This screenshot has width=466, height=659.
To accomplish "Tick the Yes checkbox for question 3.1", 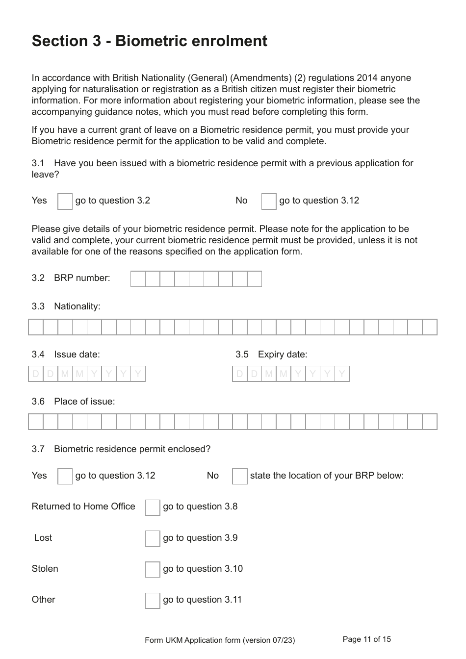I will [x=65, y=201].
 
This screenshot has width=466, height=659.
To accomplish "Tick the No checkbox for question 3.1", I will [x=269, y=201].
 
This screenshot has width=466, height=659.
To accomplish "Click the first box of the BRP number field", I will [x=138, y=279].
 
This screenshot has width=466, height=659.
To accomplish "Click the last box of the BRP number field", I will [x=254, y=279].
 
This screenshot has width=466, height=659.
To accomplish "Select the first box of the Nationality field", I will [x=36, y=327].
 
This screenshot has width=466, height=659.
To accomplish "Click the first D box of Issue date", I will [x=36, y=374].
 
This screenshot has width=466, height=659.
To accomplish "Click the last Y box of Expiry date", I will [x=342, y=374].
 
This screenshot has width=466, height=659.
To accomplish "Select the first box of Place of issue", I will [x=36, y=422].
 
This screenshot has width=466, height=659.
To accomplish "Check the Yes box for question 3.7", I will [x=65, y=476].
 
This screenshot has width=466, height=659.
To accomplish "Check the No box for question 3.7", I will [x=239, y=476].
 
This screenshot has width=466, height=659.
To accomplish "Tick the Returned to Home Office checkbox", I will [x=153, y=507].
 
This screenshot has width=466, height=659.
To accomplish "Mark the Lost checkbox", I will [x=153, y=538].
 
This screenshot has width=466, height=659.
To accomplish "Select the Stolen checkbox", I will [x=153, y=569].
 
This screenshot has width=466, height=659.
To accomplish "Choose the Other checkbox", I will [x=153, y=600].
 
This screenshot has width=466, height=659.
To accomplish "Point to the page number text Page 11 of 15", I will [x=367, y=639].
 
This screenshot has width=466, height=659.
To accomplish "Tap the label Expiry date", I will [x=283, y=355].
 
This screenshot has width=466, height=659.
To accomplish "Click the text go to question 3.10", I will [x=203, y=569].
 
